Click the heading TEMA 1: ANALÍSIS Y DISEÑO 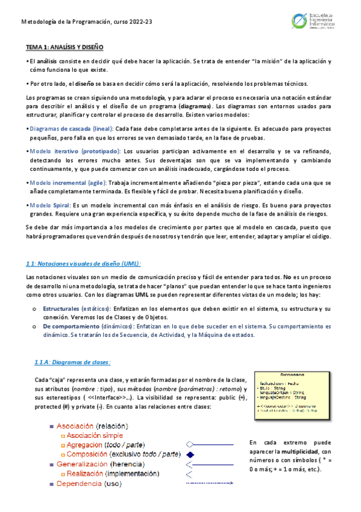tap(64, 46)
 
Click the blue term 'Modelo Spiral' tap(51, 205)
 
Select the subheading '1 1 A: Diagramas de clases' tap(72, 362)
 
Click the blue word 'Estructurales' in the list tap(63, 309)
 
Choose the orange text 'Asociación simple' tap(95, 435)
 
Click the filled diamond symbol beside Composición tap(190, 454)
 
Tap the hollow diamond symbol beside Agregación tap(190, 444)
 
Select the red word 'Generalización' tap(82, 464)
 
